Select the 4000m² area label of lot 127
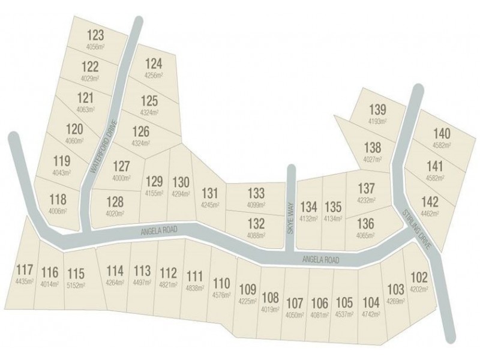coord(121,178)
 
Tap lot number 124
coord(154,63)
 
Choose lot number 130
coord(181,182)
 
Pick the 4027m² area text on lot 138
coord(372,158)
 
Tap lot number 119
coord(62,161)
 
